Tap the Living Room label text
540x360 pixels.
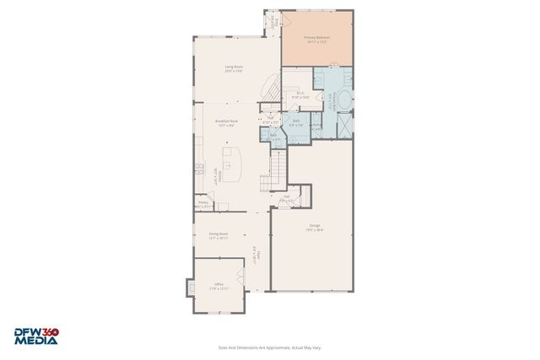tap(234, 68)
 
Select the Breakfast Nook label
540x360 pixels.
tap(224, 125)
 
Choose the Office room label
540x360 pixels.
tap(219, 287)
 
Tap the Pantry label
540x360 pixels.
tap(203, 204)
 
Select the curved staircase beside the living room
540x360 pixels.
tap(268, 88)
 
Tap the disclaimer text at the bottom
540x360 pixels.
tap(269, 347)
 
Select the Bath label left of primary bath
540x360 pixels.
tap(296, 123)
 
